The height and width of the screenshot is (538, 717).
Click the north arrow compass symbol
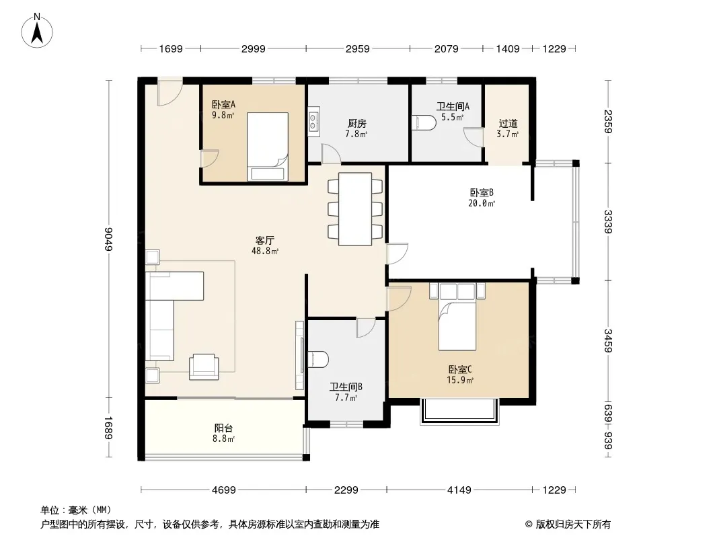(x=37, y=30)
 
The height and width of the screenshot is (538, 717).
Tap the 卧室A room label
(x=223, y=105)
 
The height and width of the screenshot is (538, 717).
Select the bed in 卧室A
(x=268, y=147)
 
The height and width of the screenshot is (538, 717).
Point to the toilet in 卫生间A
(x=424, y=123)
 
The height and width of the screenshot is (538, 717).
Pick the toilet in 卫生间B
(x=318, y=359)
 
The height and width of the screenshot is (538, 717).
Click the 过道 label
(x=508, y=124)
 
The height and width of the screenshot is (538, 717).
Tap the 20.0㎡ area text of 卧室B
(x=482, y=203)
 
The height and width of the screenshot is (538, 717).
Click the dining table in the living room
(x=355, y=209)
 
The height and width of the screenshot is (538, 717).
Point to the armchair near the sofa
(x=204, y=367)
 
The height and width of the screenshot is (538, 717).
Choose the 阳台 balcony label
(x=223, y=428)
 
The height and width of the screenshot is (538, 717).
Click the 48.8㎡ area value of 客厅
(x=265, y=251)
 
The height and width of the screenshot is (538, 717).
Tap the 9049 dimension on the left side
(x=108, y=239)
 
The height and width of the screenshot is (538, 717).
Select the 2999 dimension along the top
(x=253, y=48)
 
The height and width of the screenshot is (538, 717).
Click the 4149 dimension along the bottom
(x=459, y=490)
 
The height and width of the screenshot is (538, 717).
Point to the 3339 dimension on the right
(x=608, y=222)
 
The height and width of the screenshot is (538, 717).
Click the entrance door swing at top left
(x=169, y=93)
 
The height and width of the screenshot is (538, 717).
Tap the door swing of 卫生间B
(x=366, y=328)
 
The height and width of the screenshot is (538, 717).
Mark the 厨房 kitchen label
(x=356, y=124)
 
